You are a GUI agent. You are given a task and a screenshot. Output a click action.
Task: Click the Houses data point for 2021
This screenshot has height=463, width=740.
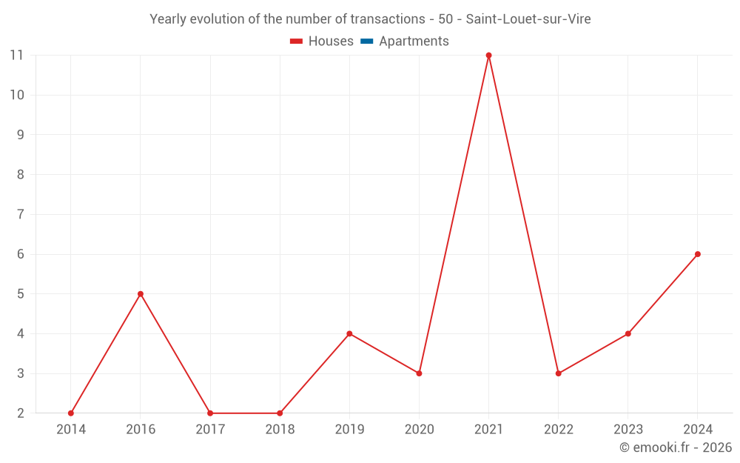(x=488, y=56)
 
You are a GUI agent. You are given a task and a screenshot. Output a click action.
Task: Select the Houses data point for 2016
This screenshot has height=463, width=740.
(x=141, y=294)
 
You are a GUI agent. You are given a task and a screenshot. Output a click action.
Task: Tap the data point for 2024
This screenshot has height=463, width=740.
(x=698, y=254)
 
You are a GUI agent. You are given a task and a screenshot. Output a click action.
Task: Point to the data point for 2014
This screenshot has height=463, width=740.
(x=71, y=413)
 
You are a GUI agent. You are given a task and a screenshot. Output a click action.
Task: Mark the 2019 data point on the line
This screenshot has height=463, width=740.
(x=349, y=333)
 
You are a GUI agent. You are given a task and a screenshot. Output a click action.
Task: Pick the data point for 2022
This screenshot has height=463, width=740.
(x=559, y=373)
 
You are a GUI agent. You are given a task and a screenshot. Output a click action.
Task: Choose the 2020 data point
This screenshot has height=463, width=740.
(x=419, y=373)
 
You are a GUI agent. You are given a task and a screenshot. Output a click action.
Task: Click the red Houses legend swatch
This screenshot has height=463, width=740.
(x=296, y=41)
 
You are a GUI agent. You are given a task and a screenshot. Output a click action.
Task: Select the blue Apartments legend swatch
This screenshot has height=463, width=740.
(x=366, y=41)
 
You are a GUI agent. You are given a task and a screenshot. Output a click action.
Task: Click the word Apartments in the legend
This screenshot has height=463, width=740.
(x=414, y=41)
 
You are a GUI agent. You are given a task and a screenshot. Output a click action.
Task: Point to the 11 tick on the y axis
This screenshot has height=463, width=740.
(x=17, y=56)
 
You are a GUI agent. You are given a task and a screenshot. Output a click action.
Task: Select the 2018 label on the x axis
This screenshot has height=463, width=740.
(x=280, y=430)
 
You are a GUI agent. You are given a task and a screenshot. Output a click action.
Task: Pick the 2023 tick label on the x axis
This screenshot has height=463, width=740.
(x=628, y=430)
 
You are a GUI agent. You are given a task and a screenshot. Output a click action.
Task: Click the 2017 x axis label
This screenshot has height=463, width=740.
(x=210, y=430)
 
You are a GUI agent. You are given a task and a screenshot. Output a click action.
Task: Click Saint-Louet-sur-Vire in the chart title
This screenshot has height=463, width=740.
(x=528, y=19)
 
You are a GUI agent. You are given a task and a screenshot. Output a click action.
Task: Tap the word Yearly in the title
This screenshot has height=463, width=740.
(x=168, y=19)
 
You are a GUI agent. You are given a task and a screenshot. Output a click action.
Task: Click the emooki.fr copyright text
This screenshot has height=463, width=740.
(x=676, y=447)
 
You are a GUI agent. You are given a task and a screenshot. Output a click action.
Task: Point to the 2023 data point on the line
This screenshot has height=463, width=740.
(x=628, y=333)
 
